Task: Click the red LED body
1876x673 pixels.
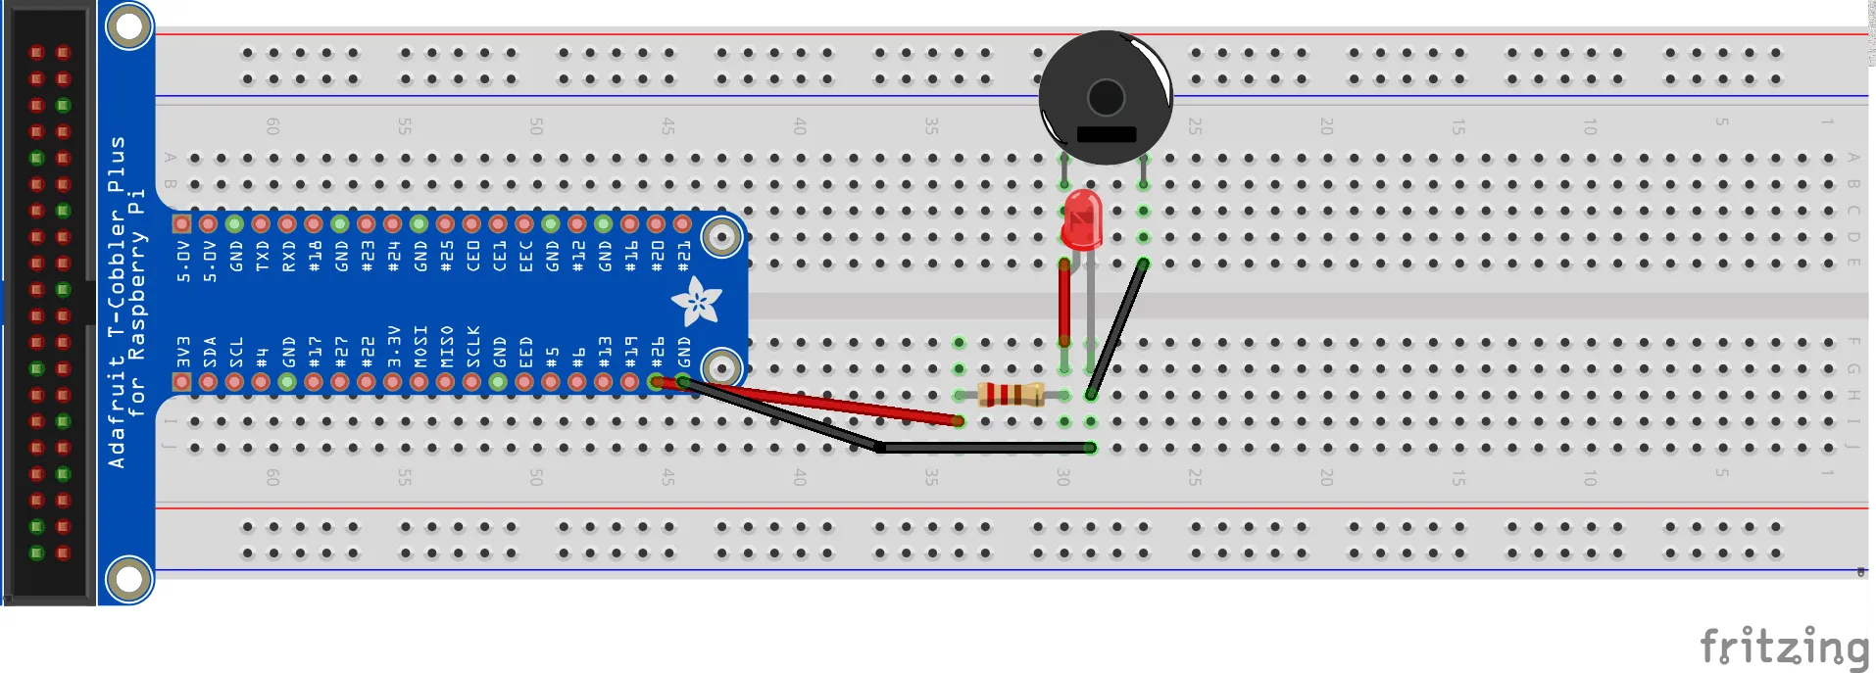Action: point(1082,220)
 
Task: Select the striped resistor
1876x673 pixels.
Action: point(1011,395)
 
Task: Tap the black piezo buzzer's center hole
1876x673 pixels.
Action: point(1106,97)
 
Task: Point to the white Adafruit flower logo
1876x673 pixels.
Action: point(696,301)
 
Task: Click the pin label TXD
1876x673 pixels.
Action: point(262,257)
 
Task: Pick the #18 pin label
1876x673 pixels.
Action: point(315,257)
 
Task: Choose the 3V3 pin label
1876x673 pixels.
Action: point(182,352)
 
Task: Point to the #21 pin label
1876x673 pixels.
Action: point(684,257)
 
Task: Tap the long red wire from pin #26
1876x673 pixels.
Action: point(814,402)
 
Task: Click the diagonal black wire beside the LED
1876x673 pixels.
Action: point(1117,328)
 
